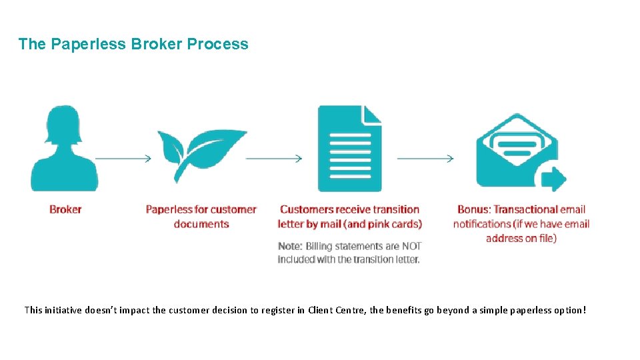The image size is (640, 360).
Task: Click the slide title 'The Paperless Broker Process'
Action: (133, 45)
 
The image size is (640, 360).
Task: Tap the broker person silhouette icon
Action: (65, 150)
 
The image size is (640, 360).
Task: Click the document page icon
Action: (349, 149)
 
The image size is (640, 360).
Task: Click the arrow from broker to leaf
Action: (124, 159)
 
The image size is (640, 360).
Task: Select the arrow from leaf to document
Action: (274, 159)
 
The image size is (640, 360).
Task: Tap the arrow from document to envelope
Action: (425, 159)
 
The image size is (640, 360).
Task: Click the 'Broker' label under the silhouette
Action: (65, 209)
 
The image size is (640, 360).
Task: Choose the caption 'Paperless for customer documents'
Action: (201, 217)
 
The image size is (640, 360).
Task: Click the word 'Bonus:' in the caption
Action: (474, 209)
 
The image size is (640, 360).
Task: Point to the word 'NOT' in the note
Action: (411, 247)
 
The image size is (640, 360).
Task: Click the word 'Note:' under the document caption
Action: (291, 247)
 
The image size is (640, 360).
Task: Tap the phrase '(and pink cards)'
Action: (385, 224)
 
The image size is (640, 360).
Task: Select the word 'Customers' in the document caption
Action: (307, 209)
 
